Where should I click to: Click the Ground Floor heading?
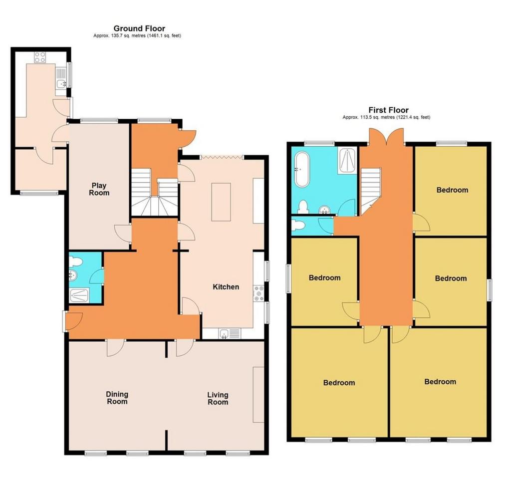coord(139,28)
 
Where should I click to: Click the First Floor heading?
coord(388,110)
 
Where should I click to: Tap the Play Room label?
coord(99,189)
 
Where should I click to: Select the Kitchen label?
coord(226,287)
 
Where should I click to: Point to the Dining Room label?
coord(117,398)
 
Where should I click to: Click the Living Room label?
coord(218,398)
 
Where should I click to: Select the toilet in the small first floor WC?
coord(298,225)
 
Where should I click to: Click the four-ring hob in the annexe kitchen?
coord(40,57)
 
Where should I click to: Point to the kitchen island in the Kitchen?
coord(221,202)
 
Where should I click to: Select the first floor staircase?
coord(371,191)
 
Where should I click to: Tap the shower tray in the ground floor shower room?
coord(79,295)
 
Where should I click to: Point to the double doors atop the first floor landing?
coord(386,136)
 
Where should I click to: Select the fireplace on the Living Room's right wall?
coord(258,395)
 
